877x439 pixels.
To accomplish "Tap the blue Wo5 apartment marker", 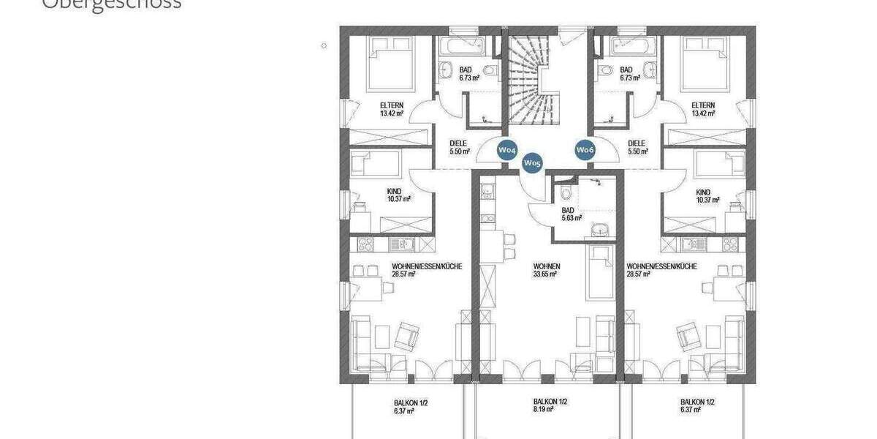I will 532,164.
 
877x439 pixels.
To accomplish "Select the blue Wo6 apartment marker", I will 585,150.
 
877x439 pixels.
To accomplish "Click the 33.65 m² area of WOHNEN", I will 544,275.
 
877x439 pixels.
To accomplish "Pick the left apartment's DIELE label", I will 458,144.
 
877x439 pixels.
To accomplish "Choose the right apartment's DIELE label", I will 637,144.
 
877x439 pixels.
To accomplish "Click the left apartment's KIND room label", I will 395,191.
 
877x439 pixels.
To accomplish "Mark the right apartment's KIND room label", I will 705,191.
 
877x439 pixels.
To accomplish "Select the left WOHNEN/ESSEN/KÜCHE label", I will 427,266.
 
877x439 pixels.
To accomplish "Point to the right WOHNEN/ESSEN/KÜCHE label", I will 661,266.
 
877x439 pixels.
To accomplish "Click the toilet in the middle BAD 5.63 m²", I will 564,195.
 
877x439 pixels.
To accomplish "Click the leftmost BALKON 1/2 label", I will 406,402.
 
